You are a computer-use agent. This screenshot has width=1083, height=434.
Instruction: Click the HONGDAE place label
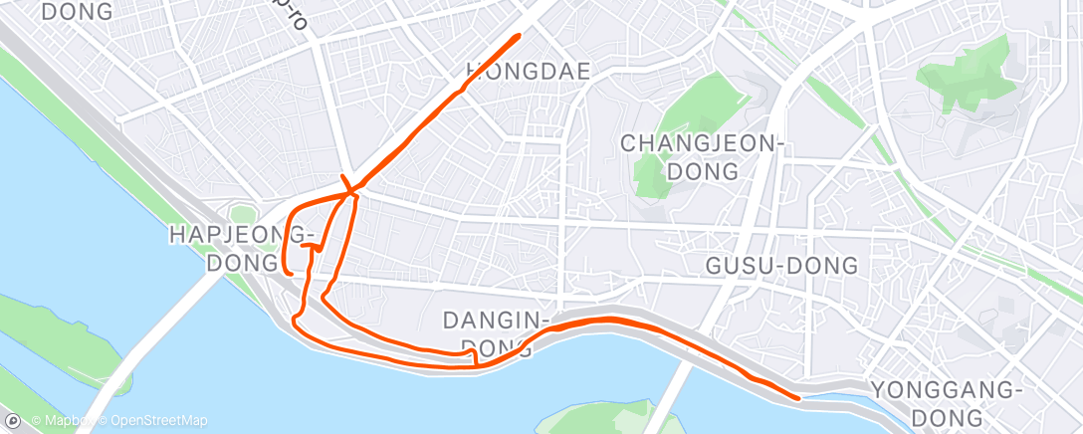pos(528,71)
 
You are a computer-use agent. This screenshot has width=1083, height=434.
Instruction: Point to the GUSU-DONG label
pos(781,266)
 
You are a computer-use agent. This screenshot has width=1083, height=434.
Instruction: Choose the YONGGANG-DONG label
pos(946,401)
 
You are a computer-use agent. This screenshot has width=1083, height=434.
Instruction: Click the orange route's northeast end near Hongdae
pos(519,36)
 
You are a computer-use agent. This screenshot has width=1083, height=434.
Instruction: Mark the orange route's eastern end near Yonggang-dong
pos(798,397)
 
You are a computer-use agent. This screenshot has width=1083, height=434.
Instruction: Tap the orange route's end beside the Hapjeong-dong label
pos(288,271)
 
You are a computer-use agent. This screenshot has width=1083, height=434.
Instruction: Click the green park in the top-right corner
pos(966,75)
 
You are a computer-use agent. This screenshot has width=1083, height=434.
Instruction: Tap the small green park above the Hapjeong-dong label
pos(242,215)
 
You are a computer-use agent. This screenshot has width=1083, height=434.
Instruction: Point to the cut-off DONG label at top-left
pos(78,12)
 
